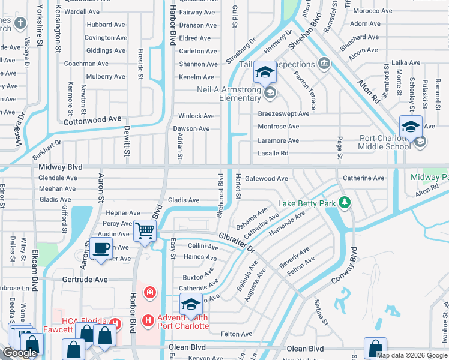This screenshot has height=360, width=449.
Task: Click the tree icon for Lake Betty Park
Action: tap(344, 203)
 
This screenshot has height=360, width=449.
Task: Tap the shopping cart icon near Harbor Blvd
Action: tap(145, 230)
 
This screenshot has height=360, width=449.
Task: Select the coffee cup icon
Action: tap(101, 247)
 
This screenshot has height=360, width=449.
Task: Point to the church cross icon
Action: tap(20, 23)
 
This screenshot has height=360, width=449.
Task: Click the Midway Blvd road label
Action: tap(59, 167)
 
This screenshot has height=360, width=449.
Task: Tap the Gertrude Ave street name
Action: tap(85, 280)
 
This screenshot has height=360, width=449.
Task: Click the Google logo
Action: tap(20, 353)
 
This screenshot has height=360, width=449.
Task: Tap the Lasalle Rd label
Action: tap(273, 154)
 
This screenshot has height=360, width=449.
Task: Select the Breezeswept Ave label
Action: tap(283, 114)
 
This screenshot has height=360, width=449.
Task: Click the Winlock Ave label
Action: tap(196, 116)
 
